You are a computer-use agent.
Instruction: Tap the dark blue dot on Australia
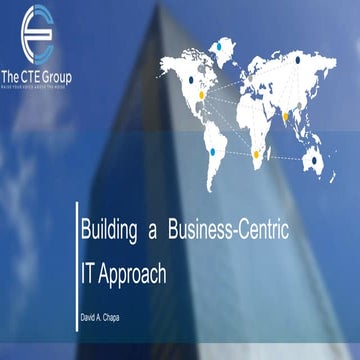tap(317, 159)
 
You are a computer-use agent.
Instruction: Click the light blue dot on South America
tap(212, 152)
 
